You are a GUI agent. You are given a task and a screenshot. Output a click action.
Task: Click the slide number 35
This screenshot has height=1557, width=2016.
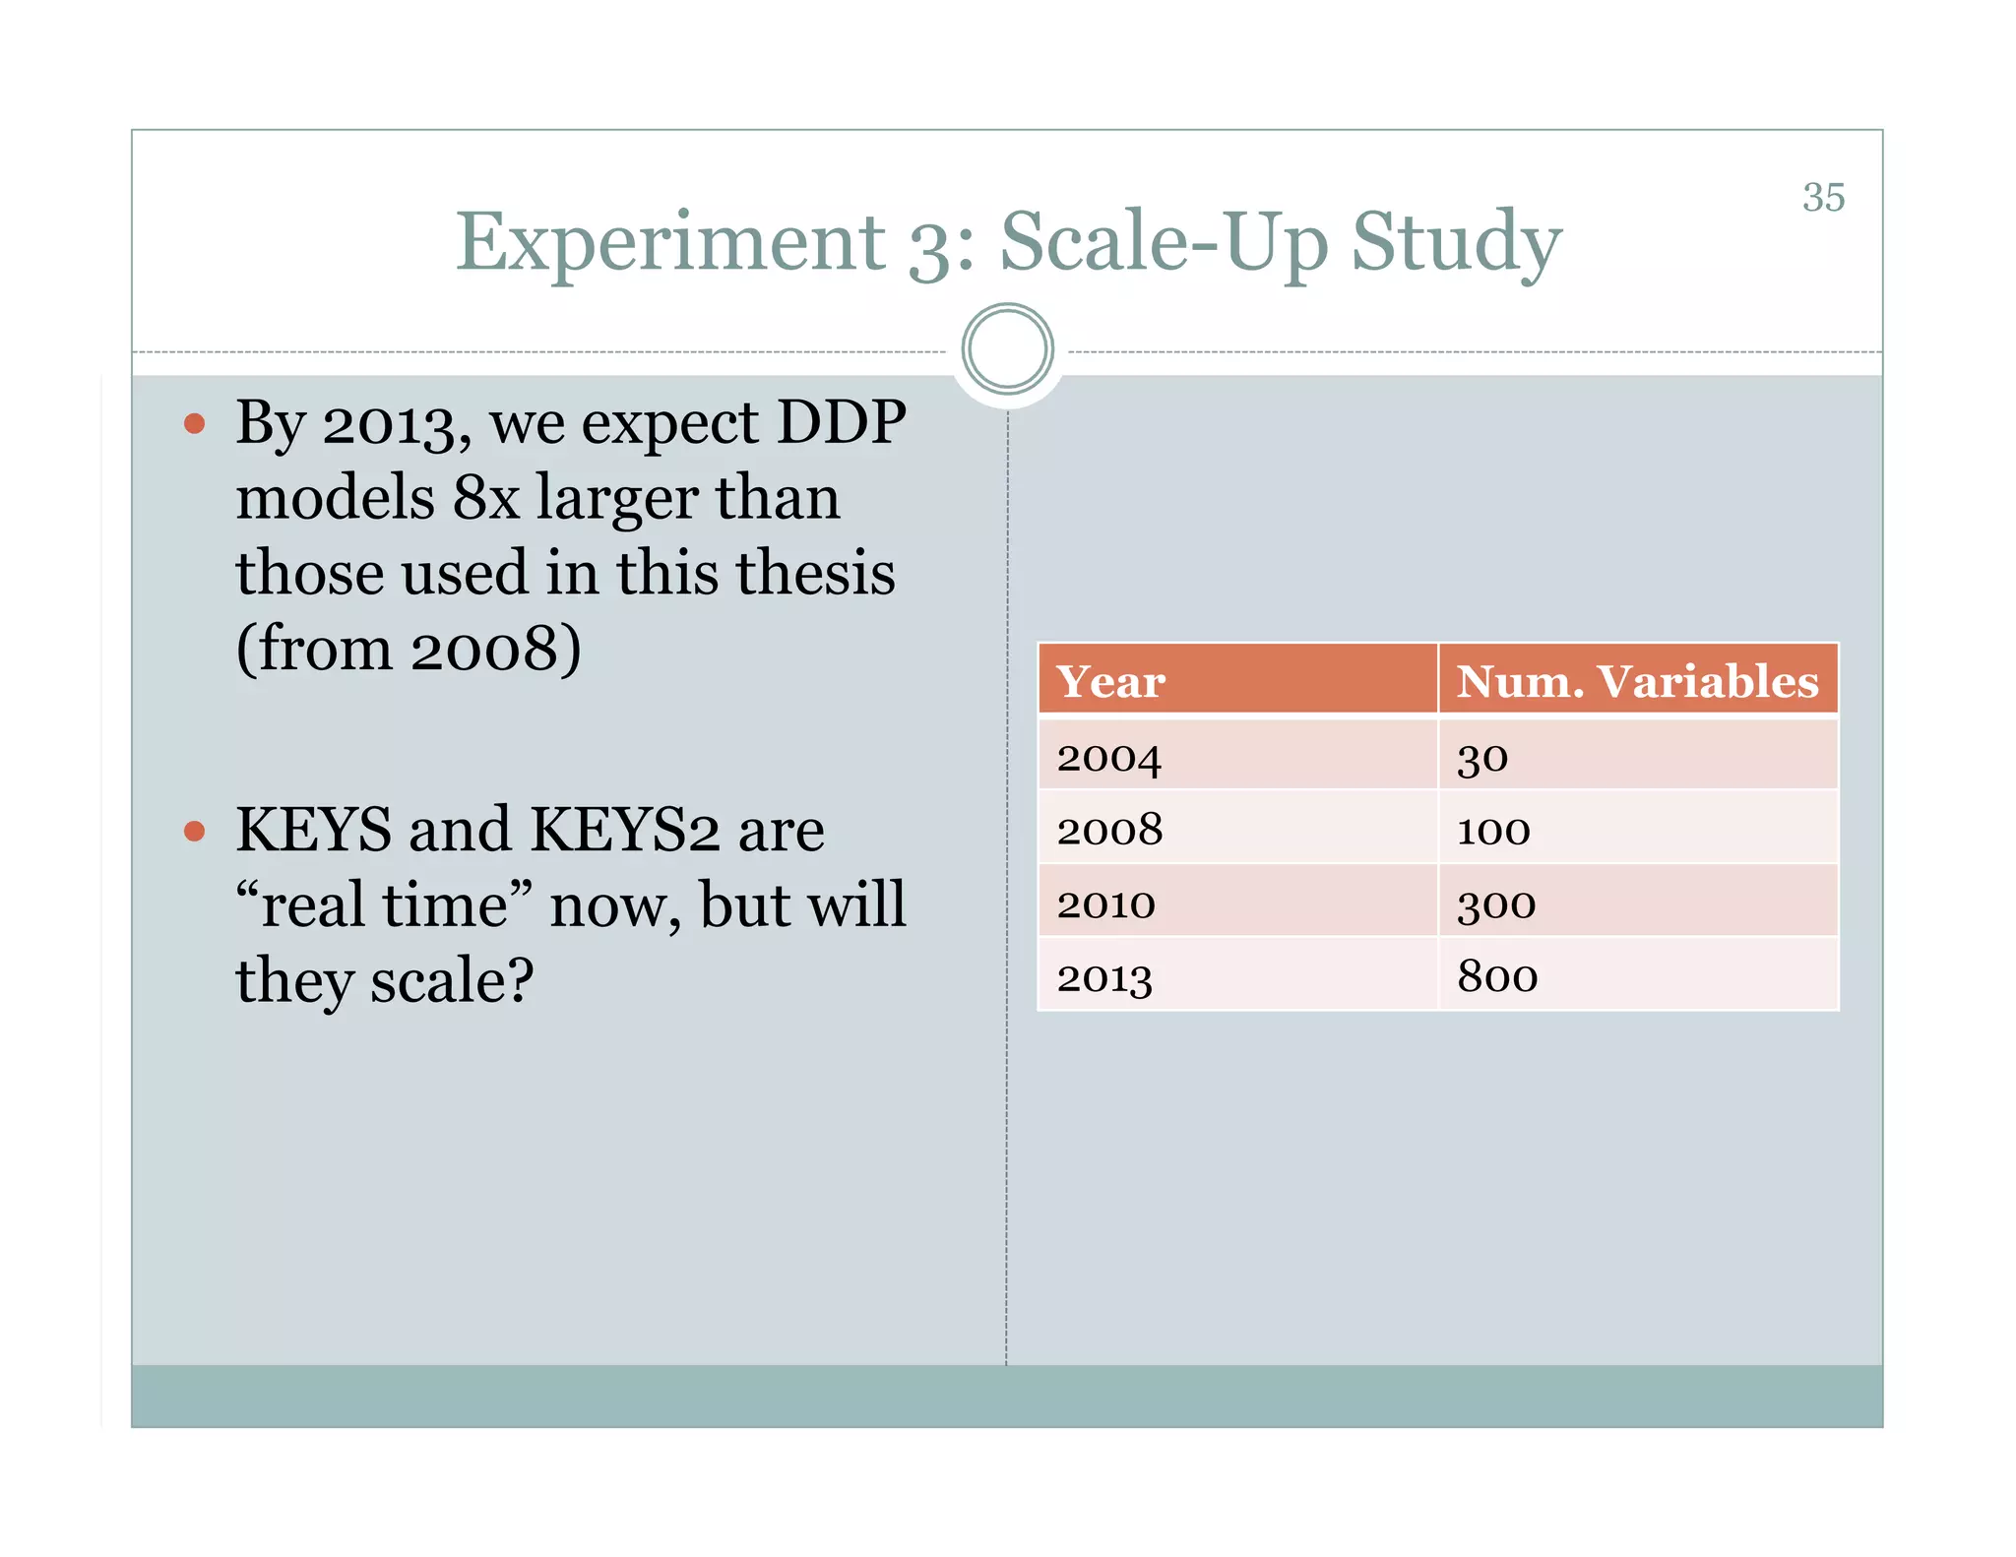1823,197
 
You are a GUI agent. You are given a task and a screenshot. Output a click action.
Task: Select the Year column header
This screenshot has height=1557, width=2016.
1110,681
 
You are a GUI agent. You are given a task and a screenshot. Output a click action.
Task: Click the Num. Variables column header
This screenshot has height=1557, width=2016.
1637,681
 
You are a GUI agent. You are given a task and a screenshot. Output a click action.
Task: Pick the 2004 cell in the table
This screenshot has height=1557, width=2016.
1109,757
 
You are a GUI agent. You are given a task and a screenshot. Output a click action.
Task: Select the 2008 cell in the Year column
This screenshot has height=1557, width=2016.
1109,830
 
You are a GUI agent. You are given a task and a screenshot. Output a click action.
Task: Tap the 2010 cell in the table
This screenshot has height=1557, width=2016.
1105,903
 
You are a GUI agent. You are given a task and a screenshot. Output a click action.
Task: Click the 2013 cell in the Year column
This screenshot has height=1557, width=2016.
1104,977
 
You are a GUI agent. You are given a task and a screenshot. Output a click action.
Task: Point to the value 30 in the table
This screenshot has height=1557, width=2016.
1482,757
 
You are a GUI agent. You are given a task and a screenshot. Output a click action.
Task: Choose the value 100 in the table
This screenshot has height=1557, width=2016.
1493,831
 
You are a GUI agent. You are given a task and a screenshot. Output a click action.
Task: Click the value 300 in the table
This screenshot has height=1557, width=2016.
1496,903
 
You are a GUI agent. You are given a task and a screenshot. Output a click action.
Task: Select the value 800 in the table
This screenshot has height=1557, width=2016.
1497,976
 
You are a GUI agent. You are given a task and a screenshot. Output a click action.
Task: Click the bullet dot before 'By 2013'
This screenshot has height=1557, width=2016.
195,424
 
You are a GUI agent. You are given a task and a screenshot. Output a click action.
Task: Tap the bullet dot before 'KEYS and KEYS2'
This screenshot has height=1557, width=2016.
195,832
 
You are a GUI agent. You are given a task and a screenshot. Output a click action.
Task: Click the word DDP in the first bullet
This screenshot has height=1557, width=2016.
841,423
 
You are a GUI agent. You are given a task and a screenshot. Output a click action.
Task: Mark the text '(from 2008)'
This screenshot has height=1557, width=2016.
409,649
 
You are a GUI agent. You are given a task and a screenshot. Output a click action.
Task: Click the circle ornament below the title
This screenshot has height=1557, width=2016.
1007,349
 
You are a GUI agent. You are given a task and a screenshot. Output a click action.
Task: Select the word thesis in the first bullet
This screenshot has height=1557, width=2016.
816,573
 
